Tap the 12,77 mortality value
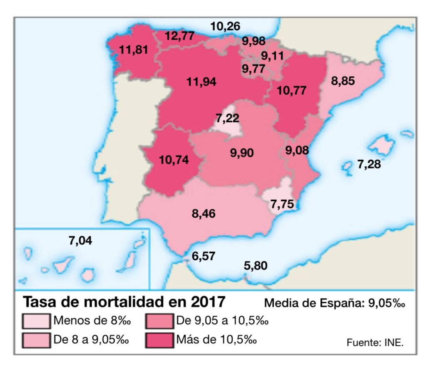click(180, 36)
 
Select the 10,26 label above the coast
click(225, 27)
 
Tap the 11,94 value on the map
click(201, 82)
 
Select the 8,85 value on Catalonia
click(343, 81)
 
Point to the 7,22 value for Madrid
click(227, 118)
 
